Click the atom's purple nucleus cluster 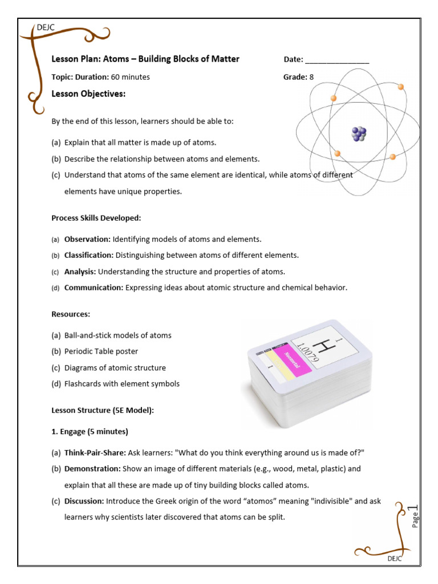(x=359, y=134)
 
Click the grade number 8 (x=311, y=77)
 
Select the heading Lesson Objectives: (x=88, y=94)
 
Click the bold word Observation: (x=87, y=240)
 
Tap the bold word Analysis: (x=80, y=272)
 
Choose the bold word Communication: (x=94, y=288)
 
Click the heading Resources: (x=71, y=314)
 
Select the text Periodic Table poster (x=101, y=351)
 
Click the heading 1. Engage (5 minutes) (x=90, y=431)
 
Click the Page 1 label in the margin (x=415, y=516)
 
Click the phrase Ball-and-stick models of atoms (x=117, y=335)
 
